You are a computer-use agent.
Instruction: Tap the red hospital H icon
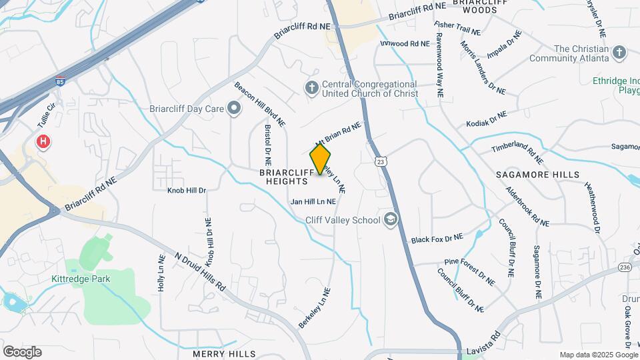click(x=43, y=141)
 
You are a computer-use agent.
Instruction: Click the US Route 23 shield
click(x=380, y=161)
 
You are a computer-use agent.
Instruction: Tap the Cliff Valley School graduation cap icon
click(x=390, y=219)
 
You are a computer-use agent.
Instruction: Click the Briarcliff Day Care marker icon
click(x=233, y=107)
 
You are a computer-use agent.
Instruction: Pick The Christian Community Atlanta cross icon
click(x=619, y=53)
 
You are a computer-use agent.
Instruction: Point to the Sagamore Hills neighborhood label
click(x=533, y=174)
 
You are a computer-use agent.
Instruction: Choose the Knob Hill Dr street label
click(x=187, y=191)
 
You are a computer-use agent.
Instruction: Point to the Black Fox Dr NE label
click(x=437, y=238)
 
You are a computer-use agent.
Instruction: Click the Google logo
click(x=22, y=352)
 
